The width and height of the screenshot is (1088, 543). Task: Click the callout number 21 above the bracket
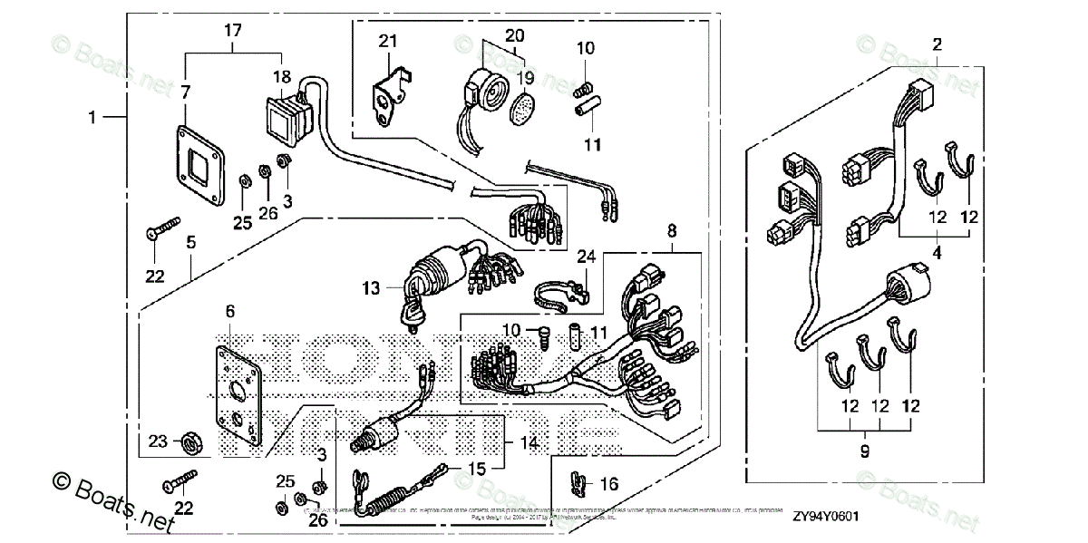point(388,41)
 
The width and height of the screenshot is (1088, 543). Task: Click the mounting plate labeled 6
point(238,399)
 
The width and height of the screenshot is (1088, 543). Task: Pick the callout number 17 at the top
point(233,31)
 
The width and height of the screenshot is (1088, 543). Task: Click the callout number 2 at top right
point(937,44)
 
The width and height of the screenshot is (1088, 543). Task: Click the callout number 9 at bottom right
point(863,449)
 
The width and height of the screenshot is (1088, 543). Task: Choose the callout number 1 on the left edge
point(92,116)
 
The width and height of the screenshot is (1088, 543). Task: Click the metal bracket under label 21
point(391,95)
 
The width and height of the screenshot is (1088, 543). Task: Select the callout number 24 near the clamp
point(586,257)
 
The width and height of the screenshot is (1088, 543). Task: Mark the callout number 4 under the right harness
point(937,255)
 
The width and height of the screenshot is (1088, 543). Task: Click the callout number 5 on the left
point(191,243)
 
